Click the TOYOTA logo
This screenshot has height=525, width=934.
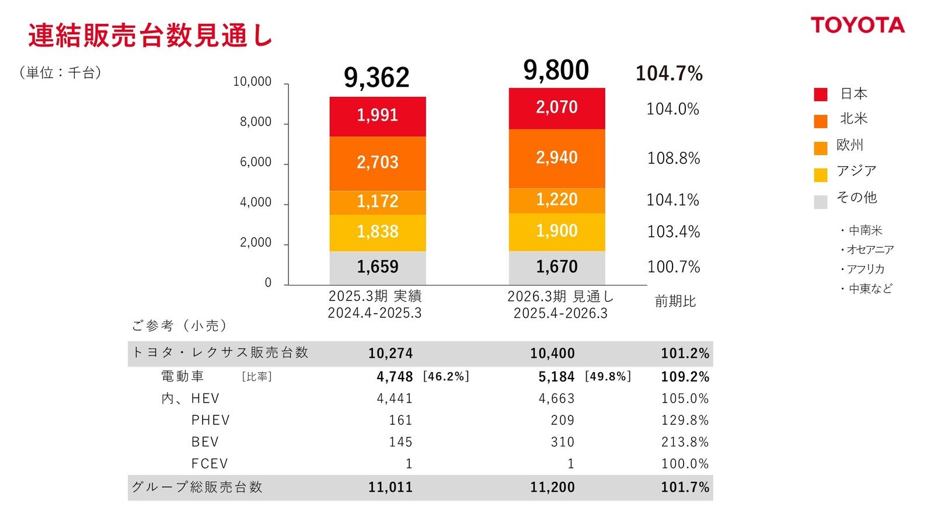click(x=857, y=25)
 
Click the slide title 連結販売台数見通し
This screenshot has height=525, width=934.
click(x=150, y=36)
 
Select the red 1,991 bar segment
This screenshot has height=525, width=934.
click(x=378, y=116)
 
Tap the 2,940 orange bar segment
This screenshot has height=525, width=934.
click(x=557, y=157)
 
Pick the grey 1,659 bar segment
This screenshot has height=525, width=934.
click(x=378, y=267)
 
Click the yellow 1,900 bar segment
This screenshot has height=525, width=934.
click(x=557, y=231)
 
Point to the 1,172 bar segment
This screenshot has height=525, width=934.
click(x=378, y=202)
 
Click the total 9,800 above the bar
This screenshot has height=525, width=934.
click(x=556, y=71)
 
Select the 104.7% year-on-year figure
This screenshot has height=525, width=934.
click(x=669, y=73)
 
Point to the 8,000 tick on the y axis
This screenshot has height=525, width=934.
click(x=256, y=122)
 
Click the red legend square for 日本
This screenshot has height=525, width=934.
click(x=820, y=94)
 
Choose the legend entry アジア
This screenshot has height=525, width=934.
click(x=856, y=171)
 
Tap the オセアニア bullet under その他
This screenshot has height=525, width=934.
click(x=867, y=250)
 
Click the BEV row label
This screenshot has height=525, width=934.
click(x=205, y=442)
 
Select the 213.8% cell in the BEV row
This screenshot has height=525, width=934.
click(x=685, y=442)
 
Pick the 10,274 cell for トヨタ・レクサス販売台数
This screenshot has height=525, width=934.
click(x=390, y=353)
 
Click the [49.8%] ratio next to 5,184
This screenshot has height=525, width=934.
click(x=608, y=377)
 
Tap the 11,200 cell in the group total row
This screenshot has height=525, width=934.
click(x=552, y=487)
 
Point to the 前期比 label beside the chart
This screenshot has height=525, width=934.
click(x=675, y=302)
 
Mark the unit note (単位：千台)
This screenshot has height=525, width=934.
click(x=60, y=72)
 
